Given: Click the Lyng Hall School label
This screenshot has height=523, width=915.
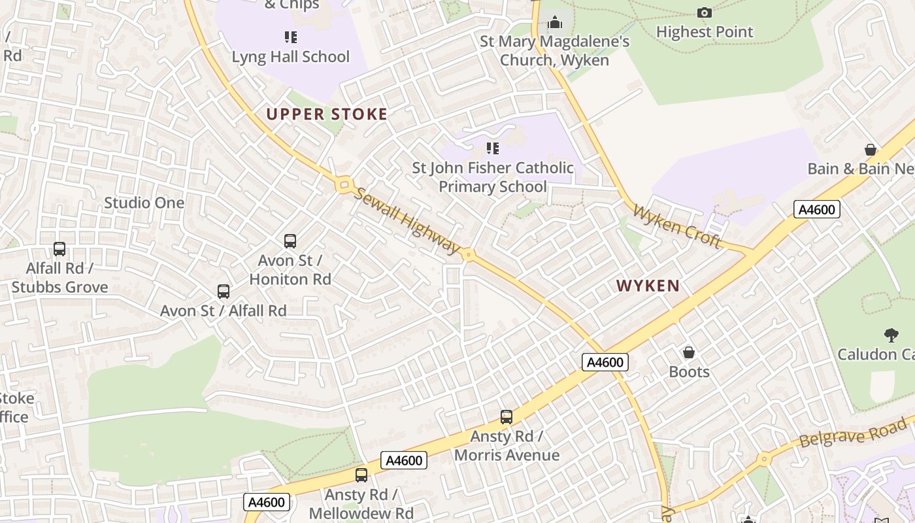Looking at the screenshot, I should tap(291, 57).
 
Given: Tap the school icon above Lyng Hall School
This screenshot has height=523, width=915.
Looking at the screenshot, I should tap(291, 37).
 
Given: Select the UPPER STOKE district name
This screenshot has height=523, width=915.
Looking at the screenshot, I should tap(327, 114).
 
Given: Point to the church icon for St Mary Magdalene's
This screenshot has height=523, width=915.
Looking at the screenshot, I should tap(555, 23).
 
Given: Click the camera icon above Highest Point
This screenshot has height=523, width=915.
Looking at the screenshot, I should tap(704, 12).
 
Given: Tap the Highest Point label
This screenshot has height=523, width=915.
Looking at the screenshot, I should tap(705, 31).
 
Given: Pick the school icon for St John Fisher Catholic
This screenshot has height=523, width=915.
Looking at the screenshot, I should tap(492, 148).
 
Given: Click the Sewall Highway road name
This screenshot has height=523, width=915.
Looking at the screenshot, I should tap(408, 221).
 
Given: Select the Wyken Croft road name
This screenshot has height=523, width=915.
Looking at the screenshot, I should tap(677, 227).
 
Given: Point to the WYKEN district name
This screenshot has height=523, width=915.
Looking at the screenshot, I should tap(648, 286).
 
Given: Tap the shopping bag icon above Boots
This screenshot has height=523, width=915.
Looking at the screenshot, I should tap(688, 353).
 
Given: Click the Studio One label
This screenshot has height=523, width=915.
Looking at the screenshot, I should tap(144, 203).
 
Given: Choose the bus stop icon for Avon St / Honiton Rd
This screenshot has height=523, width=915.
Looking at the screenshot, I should tap(290, 241).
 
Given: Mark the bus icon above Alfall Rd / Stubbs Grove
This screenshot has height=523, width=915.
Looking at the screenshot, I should tap(59, 249).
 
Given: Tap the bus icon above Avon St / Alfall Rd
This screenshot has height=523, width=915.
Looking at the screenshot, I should tap(224, 292).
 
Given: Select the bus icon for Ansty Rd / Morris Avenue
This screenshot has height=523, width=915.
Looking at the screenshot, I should tap(507, 416).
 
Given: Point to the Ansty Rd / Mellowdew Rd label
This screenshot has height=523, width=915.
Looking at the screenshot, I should tap(361, 503).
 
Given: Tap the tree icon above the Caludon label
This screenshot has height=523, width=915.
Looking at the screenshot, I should tap(890, 335).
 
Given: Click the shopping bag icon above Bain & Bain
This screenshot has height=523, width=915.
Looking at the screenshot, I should tap(870, 150).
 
